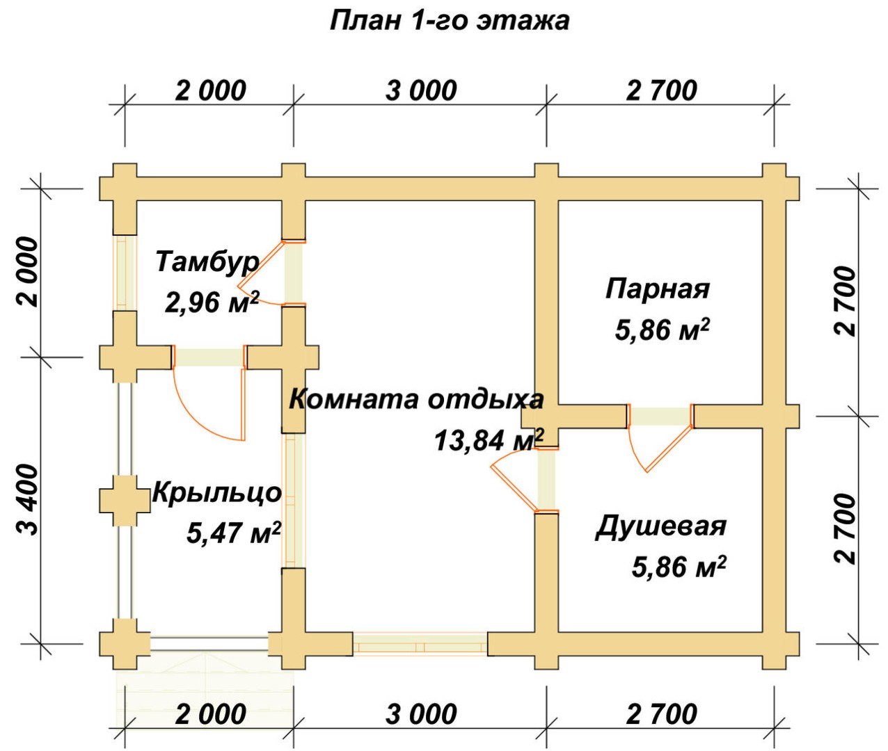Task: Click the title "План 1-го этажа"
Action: (x=449, y=21)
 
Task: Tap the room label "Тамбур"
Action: (x=207, y=261)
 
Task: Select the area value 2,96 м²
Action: (x=212, y=302)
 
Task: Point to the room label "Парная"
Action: (x=657, y=288)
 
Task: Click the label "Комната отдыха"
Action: (x=415, y=399)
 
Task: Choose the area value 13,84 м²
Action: (x=489, y=439)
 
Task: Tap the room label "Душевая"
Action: (x=660, y=526)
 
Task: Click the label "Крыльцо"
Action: (x=216, y=492)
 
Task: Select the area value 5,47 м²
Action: (x=234, y=533)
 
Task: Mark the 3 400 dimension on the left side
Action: (x=29, y=499)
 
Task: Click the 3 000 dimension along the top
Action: (x=421, y=90)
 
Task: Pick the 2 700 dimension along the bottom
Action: (x=661, y=714)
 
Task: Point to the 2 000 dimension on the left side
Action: (x=29, y=271)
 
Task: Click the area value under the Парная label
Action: (x=662, y=330)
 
